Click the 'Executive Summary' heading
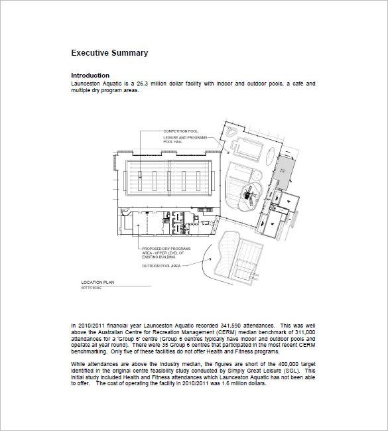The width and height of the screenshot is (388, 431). coord(109,53)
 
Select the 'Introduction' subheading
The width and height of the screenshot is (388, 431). coord(90,76)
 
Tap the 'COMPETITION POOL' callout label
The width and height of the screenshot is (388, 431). coord(180,131)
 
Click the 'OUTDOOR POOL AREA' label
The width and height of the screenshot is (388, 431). coord(161,266)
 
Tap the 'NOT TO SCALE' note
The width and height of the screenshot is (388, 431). coord(91,287)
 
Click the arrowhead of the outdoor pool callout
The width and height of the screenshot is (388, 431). coord(211,253)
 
